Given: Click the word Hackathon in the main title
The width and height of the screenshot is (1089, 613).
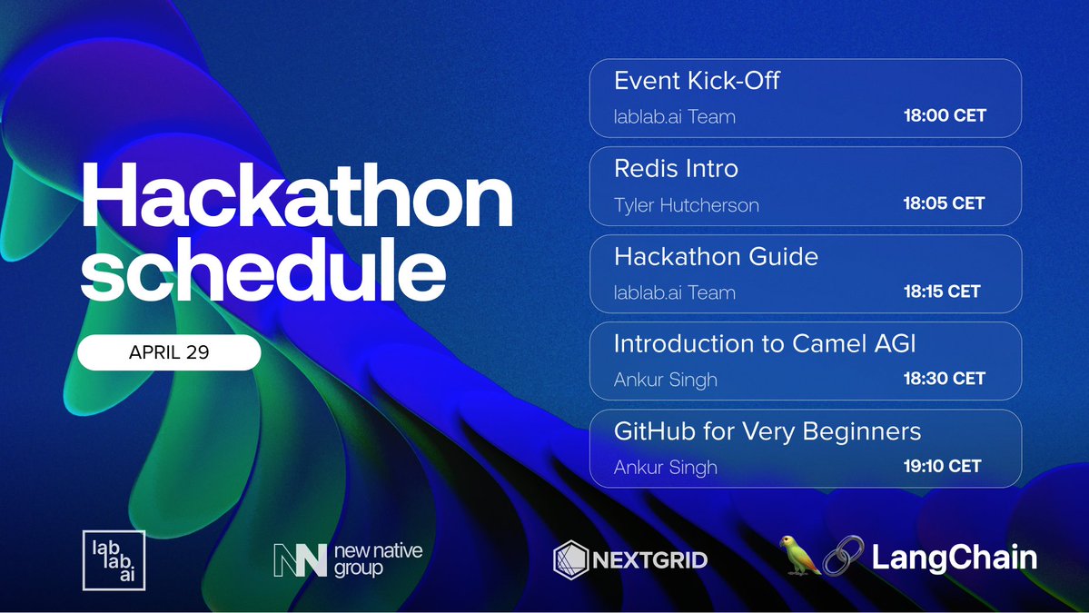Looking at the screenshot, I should point(297,202).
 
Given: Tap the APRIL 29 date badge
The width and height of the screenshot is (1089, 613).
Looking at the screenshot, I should point(169,352).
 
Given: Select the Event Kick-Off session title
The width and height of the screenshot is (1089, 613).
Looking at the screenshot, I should point(697,81).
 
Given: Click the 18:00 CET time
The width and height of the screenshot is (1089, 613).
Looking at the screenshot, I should point(944,116).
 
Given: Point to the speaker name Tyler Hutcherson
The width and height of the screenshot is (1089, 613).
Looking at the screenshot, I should point(686,204).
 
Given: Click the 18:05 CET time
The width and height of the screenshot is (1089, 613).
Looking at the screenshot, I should point(944,203).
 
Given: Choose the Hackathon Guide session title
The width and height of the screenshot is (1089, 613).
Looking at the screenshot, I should point(716,257).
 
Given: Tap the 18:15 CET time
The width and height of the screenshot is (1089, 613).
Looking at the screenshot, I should point(941,292).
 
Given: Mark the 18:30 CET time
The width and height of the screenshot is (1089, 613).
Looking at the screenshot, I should point(944,379).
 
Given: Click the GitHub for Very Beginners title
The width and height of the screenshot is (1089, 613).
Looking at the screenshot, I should point(767,431).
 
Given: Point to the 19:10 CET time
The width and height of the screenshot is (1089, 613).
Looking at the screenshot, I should point(941,466).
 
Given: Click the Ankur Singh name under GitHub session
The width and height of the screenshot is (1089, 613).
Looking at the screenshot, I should point(665,467).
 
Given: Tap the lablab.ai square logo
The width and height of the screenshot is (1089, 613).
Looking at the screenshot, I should point(114,560).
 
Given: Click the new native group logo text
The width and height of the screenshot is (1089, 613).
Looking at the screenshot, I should point(378,559).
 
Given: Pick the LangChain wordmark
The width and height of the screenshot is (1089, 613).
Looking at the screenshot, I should point(954,557).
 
